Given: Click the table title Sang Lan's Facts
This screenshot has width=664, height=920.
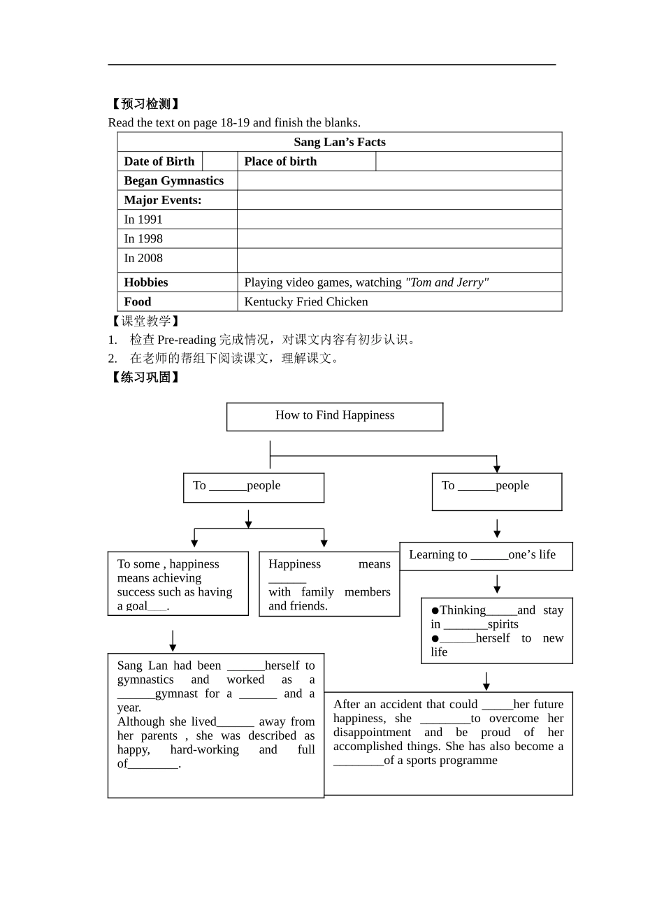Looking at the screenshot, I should (x=339, y=142).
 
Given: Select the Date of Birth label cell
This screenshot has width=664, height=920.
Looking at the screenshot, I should (x=159, y=161).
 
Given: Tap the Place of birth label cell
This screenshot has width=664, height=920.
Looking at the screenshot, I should (x=280, y=161).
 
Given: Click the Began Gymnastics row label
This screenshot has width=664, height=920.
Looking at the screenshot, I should (x=174, y=181).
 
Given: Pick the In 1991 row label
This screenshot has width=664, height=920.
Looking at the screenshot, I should (x=143, y=220).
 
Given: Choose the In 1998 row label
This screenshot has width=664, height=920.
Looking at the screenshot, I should (x=143, y=239).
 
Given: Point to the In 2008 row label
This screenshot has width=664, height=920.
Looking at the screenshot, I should (x=143, y=259).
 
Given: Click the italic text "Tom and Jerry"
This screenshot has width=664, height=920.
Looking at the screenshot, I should (x=447, y=282).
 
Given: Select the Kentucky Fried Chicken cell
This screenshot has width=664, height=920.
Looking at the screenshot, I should (x=306, y=302).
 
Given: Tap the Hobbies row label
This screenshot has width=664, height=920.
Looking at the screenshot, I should (x=146, y=282).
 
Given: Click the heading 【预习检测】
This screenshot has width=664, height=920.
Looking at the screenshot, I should (x=145, y=104).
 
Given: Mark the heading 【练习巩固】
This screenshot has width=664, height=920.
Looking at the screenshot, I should (x=145, y=378).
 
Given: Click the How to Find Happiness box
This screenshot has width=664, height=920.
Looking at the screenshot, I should (x=335, y=416).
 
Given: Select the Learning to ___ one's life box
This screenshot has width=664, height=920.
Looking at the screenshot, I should (x=486, y=556).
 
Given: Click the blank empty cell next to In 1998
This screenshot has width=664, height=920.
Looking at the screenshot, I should (x=399, y=239).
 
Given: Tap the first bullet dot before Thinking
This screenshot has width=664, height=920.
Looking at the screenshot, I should (x=435, y=611).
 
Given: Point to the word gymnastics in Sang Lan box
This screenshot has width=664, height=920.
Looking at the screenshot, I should (x=145, y=680).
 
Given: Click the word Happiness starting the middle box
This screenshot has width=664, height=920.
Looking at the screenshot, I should (x=294, y=564).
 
